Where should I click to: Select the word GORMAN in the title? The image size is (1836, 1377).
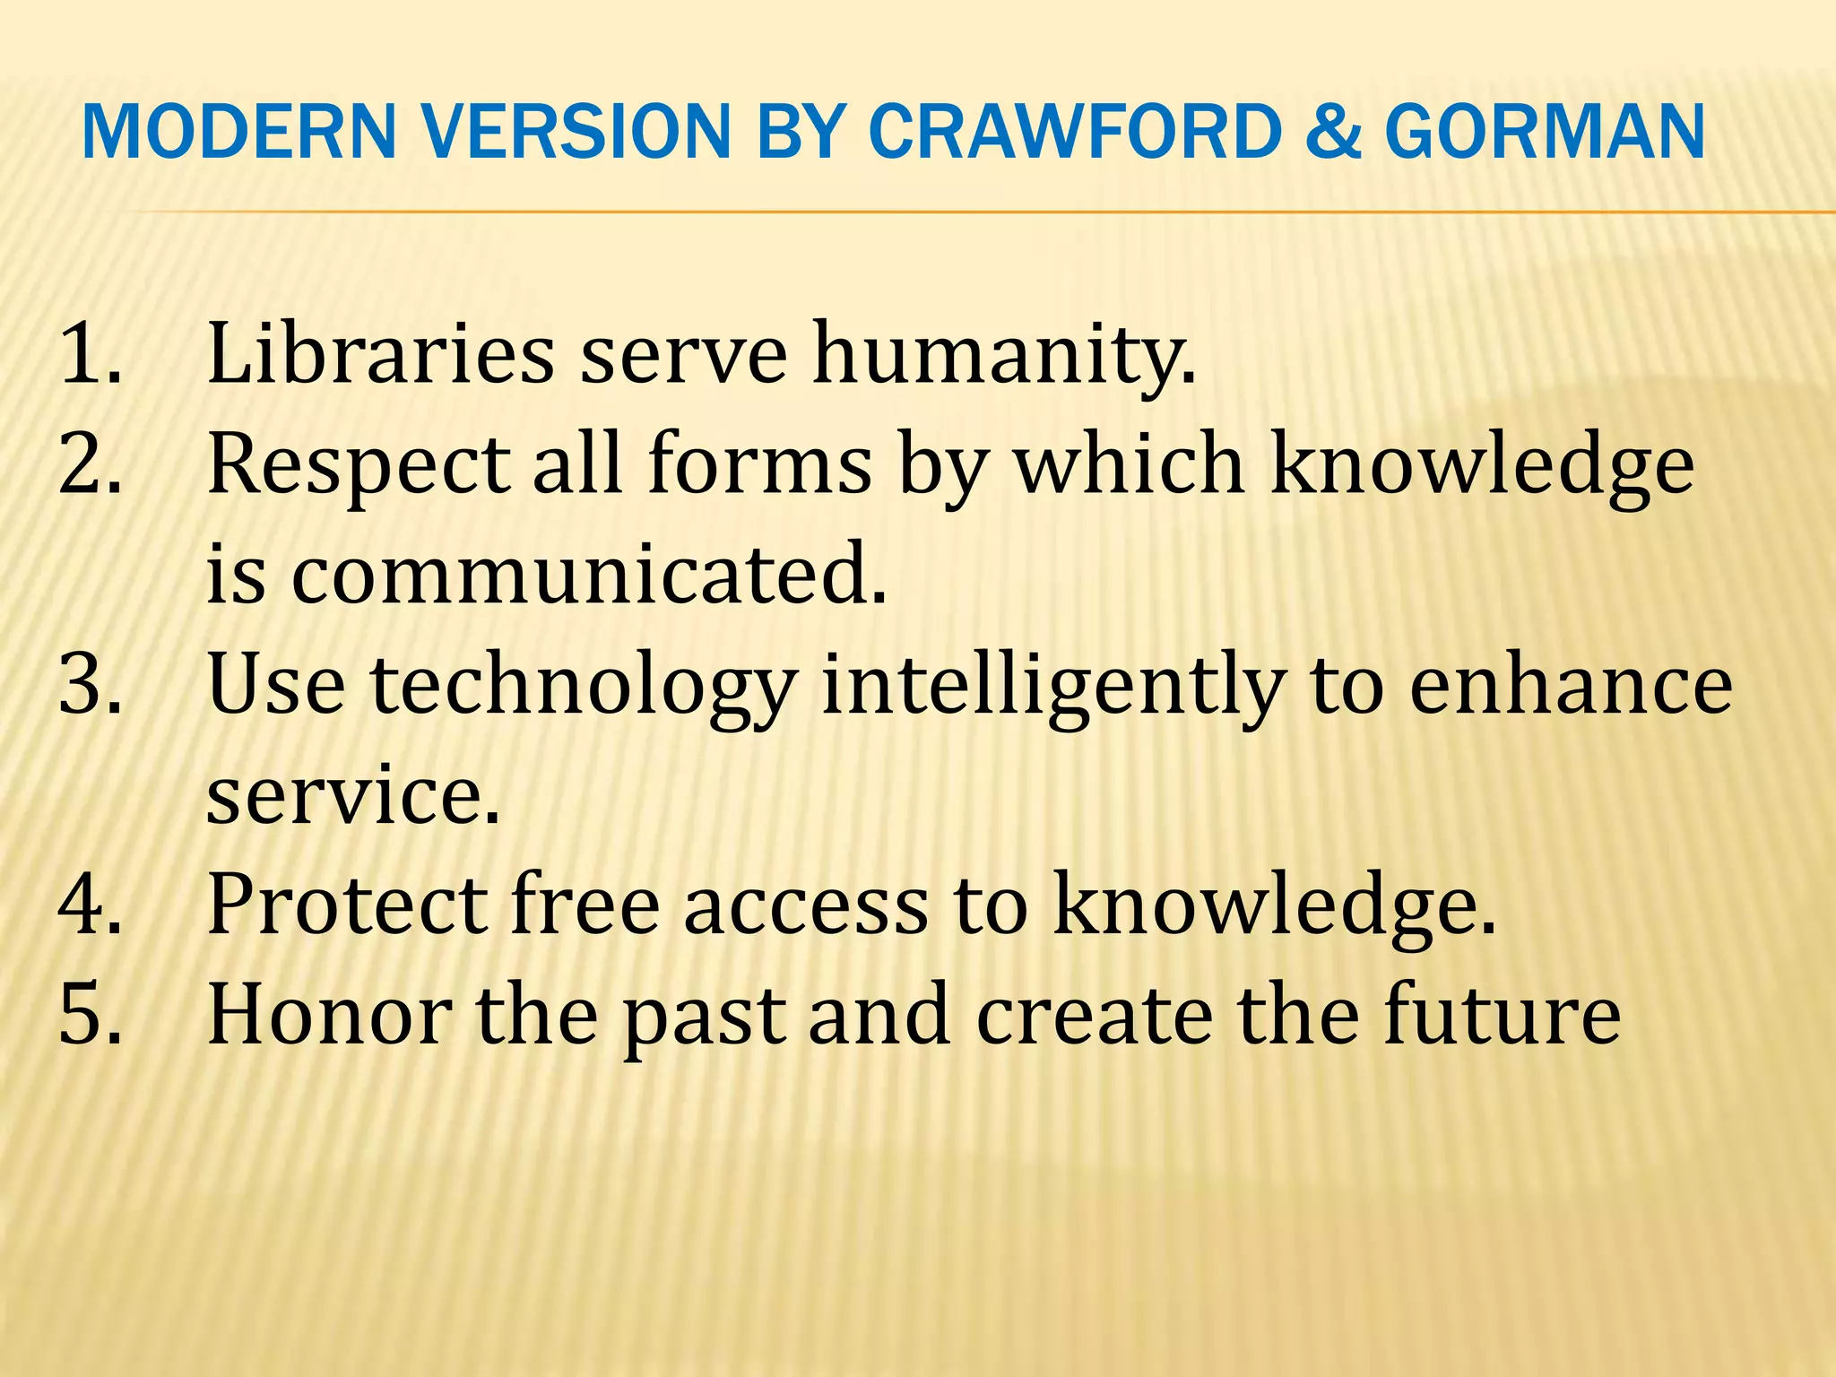point(1544,133)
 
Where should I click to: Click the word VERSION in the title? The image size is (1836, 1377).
point(570,133)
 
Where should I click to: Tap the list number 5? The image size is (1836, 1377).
point(90,1016)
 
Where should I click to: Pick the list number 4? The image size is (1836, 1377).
point(90,905)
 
